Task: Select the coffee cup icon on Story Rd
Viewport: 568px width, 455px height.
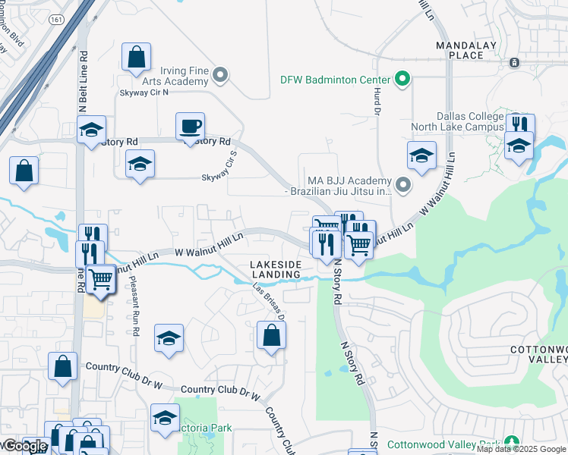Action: [190, 127]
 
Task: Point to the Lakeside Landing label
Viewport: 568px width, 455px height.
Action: [276, 268]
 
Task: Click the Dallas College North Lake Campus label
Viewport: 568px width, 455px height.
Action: [457, 121]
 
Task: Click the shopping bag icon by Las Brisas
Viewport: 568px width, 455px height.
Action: [271, 335]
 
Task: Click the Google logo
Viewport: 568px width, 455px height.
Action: [24, 446]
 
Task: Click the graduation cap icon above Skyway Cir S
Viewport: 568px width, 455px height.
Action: [140, 164]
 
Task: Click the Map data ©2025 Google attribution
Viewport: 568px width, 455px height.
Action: [521, 449]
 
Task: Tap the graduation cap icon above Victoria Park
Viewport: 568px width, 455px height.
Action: [165, 417]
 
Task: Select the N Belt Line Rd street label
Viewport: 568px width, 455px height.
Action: [83, 82]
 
